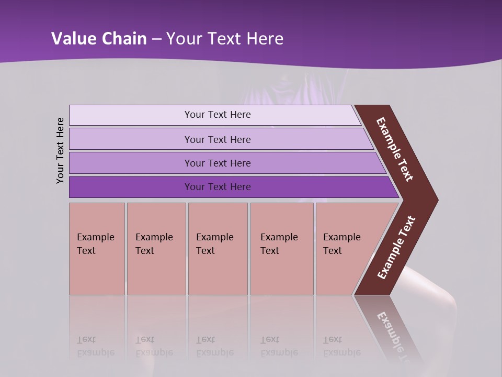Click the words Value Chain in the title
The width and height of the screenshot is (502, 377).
[99, 39]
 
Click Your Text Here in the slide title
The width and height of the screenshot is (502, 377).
[225, 39]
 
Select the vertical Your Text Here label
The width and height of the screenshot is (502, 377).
[60, 150]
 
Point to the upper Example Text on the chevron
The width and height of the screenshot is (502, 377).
[395, 149]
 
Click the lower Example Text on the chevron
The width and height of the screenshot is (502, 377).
[396, 248]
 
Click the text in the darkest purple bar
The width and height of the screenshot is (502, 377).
[218, 187]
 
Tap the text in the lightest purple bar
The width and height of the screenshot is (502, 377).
[218, 115]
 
